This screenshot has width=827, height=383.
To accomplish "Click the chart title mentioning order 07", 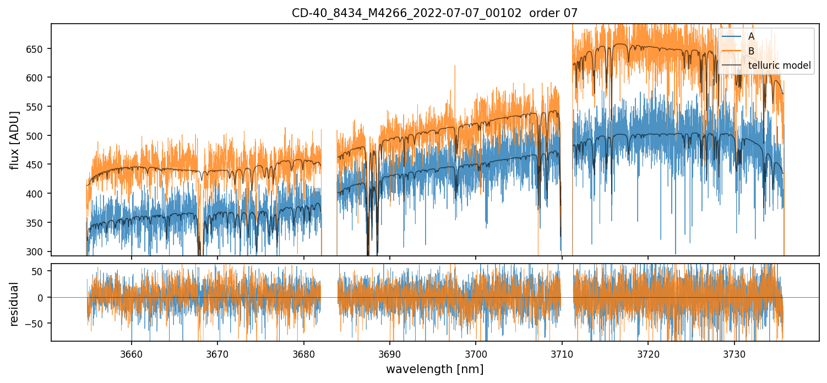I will click(434, 13).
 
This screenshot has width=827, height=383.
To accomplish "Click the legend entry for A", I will click(751, 36).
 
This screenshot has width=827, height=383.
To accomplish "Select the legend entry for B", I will click(751, 51).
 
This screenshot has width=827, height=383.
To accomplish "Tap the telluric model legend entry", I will click(780, 65).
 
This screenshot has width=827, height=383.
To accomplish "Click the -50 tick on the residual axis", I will click(39, 322).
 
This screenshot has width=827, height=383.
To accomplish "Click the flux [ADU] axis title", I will click(15, 140).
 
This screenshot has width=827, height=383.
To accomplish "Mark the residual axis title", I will click(15, 303).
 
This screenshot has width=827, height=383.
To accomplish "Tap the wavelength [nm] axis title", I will click(434, 369).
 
